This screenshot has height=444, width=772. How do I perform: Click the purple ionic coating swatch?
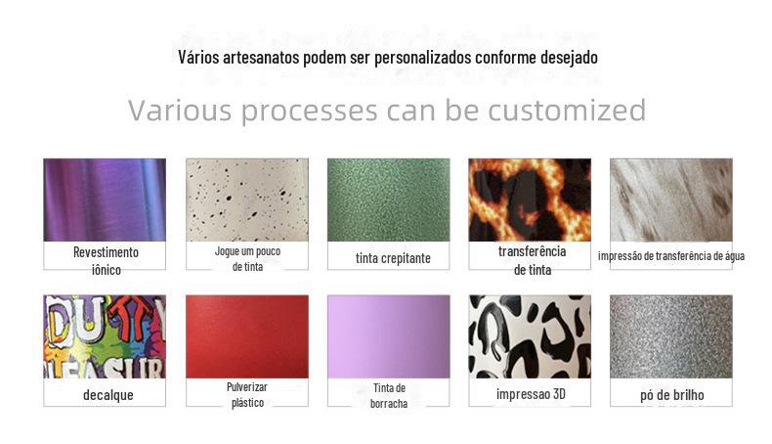pos(105,200)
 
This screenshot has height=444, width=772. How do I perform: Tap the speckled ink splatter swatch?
pos(247,200)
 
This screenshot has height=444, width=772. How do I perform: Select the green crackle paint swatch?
pos(389,200)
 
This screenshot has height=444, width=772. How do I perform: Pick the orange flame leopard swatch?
pos(530,200)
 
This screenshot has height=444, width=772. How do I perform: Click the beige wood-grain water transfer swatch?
pos(671,200)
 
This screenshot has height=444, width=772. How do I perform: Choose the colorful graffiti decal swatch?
pos(105,336)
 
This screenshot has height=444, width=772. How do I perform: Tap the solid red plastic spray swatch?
pos(247,336)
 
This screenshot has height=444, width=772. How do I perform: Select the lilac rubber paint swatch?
pos(389,336)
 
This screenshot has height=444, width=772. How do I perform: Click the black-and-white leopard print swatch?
pos(530,336)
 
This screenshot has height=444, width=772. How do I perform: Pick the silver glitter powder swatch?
pos(671,336)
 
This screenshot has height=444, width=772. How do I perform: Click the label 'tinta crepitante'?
pos(393,258)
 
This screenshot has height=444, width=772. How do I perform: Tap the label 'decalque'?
pos(108,395)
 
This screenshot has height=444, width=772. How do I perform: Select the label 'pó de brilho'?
pos(672,395)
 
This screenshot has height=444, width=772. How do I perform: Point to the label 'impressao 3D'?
pos(531,394)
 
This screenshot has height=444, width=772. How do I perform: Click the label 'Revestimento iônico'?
pos(106,261)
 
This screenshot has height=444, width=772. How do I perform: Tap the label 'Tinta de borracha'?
pos(389,396)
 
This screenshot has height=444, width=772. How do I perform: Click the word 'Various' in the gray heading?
pos(180,110)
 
